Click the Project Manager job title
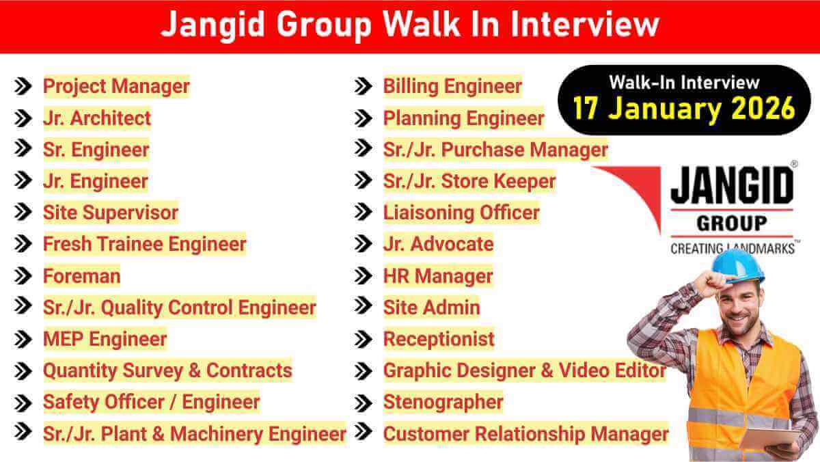click(116, 87)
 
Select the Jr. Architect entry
click(97, 118)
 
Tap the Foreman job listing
click(81, 276)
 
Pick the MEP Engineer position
click(105, 339)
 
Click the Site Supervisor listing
click(110, 213)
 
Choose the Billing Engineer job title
click(452, 87)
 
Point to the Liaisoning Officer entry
click(461, 213)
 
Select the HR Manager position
click(438, 276)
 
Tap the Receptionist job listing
click(439, 339)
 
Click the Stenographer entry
click(443, 402)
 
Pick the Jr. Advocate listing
click(438, 244)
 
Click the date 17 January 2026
click(683, 108)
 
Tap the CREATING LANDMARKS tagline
click(732, 247)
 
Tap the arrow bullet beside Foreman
click(23, 276)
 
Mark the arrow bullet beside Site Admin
click(364, 308)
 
